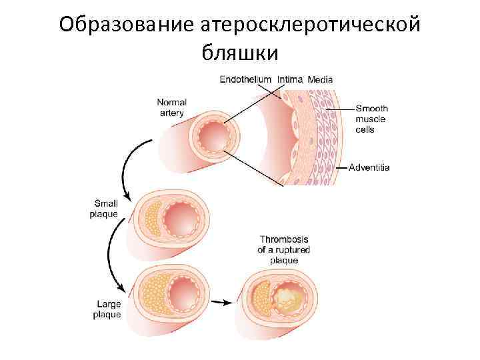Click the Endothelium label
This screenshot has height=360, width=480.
pyautogui.click(x=245, y=79)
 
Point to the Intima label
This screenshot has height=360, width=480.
pyautogui.click(x=290, y=79)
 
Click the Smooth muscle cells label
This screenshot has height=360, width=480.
pyautogui.click(x=371, y=119)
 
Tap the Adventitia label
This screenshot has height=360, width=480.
pyautogui.click(x=369, y=167)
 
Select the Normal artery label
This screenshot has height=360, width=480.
pyautogui.click(x=171, y=107)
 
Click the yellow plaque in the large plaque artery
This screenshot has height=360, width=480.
pyautogui.click(x=154, y=293)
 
